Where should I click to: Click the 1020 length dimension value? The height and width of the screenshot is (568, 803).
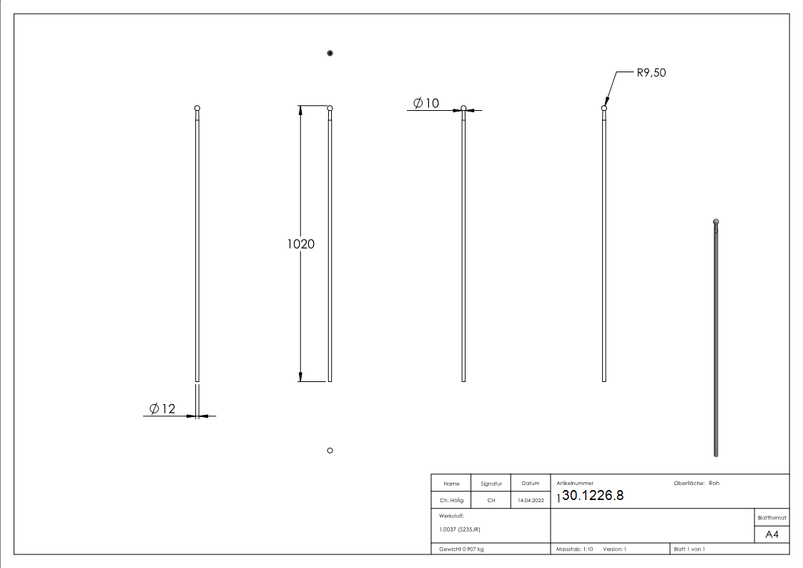coord(301,243)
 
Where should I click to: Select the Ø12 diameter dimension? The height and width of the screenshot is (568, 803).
coord(162,408)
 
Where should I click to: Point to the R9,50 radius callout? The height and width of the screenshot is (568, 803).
coord(651,72)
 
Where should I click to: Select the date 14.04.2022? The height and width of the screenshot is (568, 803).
coord(530,501)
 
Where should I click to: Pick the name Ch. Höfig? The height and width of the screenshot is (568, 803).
coord(452,501)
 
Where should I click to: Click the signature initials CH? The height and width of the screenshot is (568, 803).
coord(491,501)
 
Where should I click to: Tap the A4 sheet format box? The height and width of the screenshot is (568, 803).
coord(772,535)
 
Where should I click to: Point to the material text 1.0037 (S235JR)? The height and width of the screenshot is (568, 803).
coord(459,529)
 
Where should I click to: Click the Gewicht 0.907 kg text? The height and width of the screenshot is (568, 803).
coord(461,549)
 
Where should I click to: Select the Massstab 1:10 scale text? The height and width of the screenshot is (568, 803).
coord(575,549)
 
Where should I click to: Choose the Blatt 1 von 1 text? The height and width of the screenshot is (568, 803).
coord(689,549)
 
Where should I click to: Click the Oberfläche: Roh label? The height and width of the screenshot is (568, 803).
coord(696,483)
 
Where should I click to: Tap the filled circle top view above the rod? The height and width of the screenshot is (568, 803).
coord(330,54)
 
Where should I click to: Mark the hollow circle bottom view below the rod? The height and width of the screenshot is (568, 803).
coord(330,450)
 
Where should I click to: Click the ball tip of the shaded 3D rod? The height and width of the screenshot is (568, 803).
coord(716,222)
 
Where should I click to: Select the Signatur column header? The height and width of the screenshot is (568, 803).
coord(491,484)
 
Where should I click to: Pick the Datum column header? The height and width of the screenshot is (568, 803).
coord(530,484)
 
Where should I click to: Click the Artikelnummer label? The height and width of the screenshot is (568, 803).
coord(575,484)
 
